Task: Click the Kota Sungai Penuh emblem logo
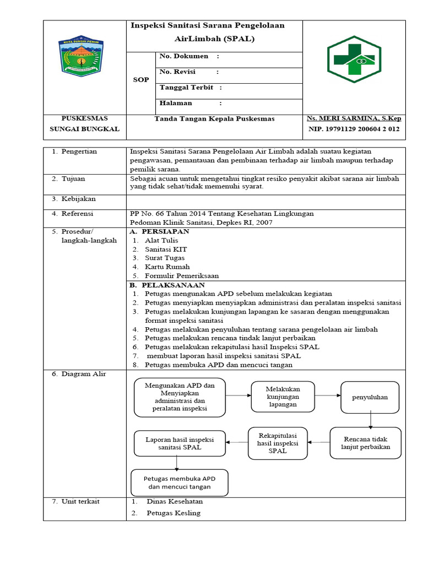click(x=84, y=56)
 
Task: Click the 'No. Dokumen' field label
click(x=184, y=56)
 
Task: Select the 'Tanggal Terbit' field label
click(x=187, y=88)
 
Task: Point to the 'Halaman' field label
click(x=176, y=103)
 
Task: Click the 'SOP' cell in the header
click(x=141, y=80)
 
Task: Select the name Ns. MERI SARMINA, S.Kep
click(x=354, y=119)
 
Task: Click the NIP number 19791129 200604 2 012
click(x=354, y=130)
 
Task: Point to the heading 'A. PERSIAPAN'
click(x=159, y=232)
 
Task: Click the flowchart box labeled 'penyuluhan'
click(x=370, y=397)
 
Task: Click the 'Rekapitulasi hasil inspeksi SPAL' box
click(x=278, y=443)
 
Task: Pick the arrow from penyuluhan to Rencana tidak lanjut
click(x=371, y=420)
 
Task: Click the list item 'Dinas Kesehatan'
click(x=175, y=502)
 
